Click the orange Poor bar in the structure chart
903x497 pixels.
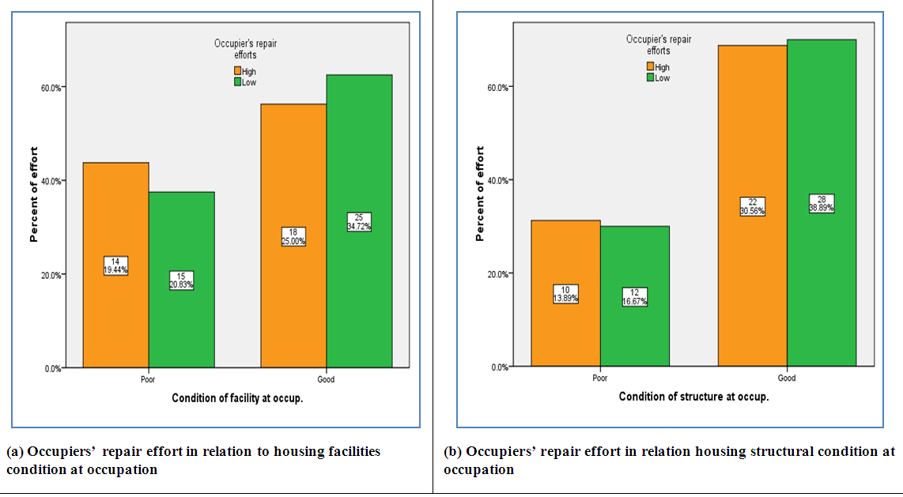(x=565, y=332)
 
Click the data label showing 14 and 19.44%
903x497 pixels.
(x=115, y=265)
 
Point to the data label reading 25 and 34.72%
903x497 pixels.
(x=359, y=222)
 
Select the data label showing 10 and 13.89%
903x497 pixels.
(x=565, y=294)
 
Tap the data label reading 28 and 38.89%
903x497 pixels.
(x=821, y=203)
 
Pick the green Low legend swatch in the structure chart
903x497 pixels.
(x=650, y=77)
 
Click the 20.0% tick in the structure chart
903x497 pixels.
(x=499, y=274)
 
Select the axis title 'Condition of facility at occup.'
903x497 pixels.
(x=237, y=398)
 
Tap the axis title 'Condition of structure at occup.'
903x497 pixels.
(x=693, y=397)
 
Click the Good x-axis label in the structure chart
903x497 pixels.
(x=787, y=378)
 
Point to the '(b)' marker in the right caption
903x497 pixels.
(x=452, y=452)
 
